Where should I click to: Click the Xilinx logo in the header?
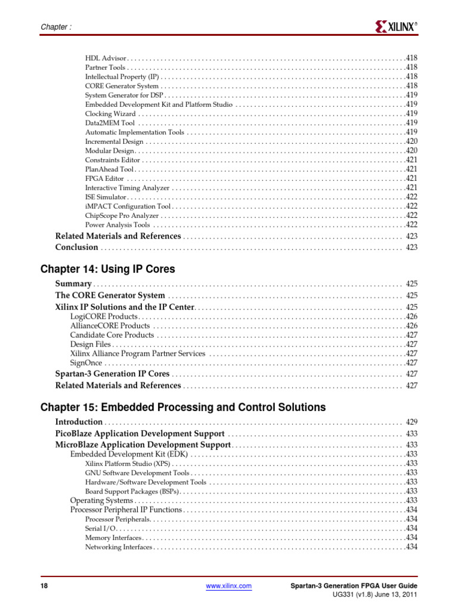tap(396, 26)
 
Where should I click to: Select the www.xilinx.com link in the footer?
tap(228, 587)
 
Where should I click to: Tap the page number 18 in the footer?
tap(44, 587)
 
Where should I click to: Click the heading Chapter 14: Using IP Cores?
tap(108, 269)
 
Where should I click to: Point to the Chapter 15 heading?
tap(183, 408)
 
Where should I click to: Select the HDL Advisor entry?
tap(106, 58)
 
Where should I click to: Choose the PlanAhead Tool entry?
tap(105, 169)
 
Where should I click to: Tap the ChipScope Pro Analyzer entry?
tap(122, 215)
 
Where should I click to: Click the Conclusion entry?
tap(76, 248)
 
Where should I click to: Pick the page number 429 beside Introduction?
tap(411, 422)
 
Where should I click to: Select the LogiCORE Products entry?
tap(104, 316)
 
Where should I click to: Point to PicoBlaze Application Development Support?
tap(140, 434)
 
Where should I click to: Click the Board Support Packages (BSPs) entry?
tap(132, 491)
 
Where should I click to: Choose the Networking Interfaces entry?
tap(119, 547)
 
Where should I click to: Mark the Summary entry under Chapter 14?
tap(73, 284)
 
